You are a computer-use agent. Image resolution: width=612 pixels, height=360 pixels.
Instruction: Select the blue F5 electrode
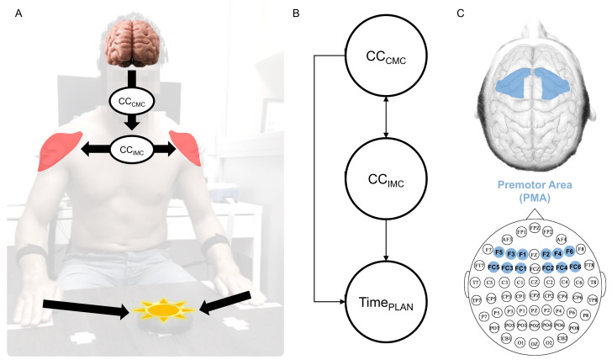pyautogui.click(x=499, y=251)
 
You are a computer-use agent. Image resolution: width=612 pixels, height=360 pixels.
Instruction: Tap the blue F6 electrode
pyautogui.click(x=569, y=251)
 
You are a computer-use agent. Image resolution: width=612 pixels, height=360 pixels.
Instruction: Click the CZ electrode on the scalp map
pyautogui.click(x=535, y=282)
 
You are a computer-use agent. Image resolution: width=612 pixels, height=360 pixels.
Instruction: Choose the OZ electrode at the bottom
pyautogui.click(x=535, y=342)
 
